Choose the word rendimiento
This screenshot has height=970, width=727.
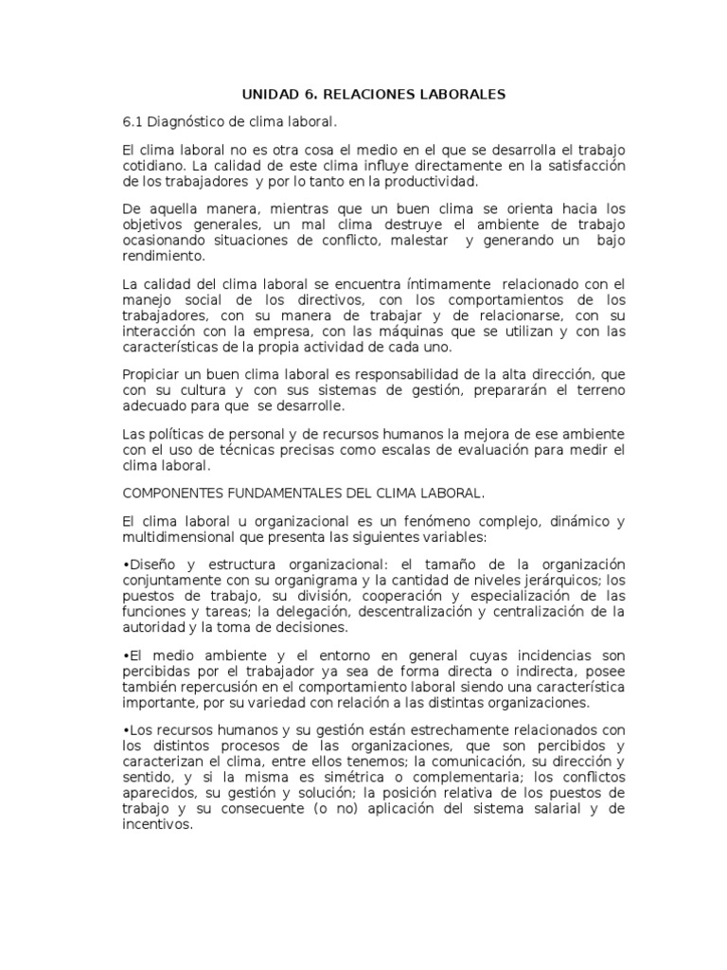(163, 256)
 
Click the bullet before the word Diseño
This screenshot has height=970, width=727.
(126, 566)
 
